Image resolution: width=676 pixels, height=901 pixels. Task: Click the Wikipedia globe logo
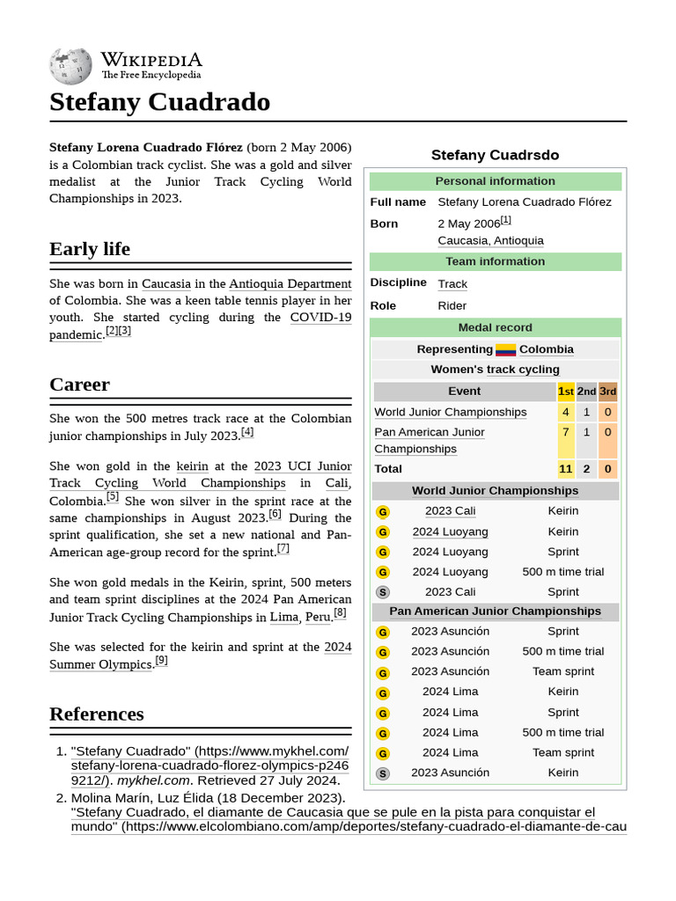[71, 64]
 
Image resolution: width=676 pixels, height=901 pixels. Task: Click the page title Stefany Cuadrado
[159, 102]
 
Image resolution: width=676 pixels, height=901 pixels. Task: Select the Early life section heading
[90, 249]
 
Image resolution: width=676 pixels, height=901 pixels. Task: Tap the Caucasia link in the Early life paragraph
[166, 283]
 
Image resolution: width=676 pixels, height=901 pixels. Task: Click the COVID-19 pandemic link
[320, 317]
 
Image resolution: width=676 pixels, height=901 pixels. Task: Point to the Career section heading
[79, 385]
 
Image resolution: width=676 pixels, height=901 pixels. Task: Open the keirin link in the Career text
[192, 465]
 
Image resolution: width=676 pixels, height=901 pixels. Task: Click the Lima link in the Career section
[283, 617]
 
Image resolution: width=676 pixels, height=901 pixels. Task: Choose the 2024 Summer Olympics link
[337, 647]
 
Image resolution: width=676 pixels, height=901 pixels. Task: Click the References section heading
[97, 714]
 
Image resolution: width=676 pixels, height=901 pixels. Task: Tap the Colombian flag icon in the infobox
[505, 349]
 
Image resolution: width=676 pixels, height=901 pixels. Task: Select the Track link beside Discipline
[452, 283]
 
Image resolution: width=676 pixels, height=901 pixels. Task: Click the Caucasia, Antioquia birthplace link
[490, 240]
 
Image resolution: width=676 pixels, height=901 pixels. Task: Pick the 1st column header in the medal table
[566, 391]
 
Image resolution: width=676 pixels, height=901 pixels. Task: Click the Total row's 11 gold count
[566, 469]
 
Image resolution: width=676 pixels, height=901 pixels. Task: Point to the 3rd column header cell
[608, 391]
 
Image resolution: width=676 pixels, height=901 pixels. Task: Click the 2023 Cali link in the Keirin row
[450, 510]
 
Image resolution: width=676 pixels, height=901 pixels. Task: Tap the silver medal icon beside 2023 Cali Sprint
[382, 592]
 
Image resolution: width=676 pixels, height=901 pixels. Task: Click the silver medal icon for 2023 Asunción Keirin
[382, 773]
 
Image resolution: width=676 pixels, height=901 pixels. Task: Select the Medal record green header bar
[495, 327]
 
